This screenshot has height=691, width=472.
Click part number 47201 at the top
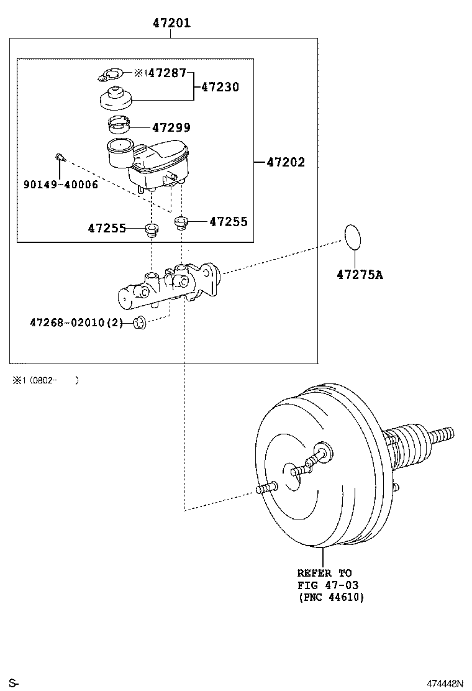[x=171, y=24]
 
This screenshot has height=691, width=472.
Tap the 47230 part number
[x=220, y=88]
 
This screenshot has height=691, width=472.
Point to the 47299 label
[x=171, y=127]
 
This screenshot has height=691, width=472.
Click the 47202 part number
[x=286, y=163]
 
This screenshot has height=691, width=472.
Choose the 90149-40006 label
[x=61, y=185]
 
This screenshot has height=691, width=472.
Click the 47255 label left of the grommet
[x=107, y=228]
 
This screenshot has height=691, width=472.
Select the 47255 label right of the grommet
[x=229, y=221]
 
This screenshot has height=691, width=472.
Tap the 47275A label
[x=360, y=273]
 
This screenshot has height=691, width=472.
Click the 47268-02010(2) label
[x=76, y=323]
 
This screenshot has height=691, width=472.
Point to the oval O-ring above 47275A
[x=352, y=236]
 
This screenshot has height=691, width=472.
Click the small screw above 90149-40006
[x=59, y=158]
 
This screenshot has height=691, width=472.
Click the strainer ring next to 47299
[x=119, y=125]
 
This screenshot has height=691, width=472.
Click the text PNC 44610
[x=330, y=597]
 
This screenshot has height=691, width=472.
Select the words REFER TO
[x=324, y=573]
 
